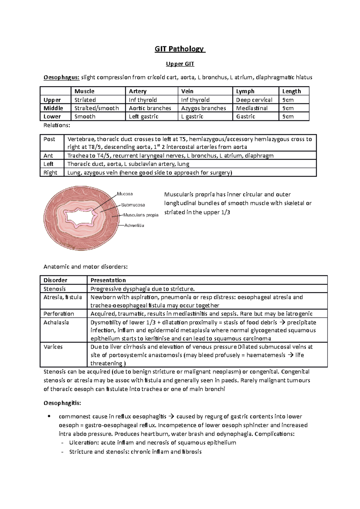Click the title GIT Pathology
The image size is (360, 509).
coord(179,49)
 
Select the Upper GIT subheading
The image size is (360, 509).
coord(180,64)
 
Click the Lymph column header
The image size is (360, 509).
coord(245,91)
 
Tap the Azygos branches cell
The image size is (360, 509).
coord(203,108)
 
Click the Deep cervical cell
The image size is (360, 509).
coord(254,100)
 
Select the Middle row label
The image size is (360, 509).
coord(53,108)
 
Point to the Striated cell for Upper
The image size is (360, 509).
coord(85,100)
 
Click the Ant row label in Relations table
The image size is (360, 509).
coord(48,156)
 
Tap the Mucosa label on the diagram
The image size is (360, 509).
coord(125,194)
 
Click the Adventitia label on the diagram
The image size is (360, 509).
coord(134,225)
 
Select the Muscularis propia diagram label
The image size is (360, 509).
coord(141,215)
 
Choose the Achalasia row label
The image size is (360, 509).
coord(56,322)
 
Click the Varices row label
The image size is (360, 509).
coord(53,347)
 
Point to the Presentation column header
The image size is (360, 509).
coord(108,280)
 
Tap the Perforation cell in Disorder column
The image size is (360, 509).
coord(58,314)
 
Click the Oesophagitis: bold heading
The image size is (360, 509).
coord(62,403)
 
